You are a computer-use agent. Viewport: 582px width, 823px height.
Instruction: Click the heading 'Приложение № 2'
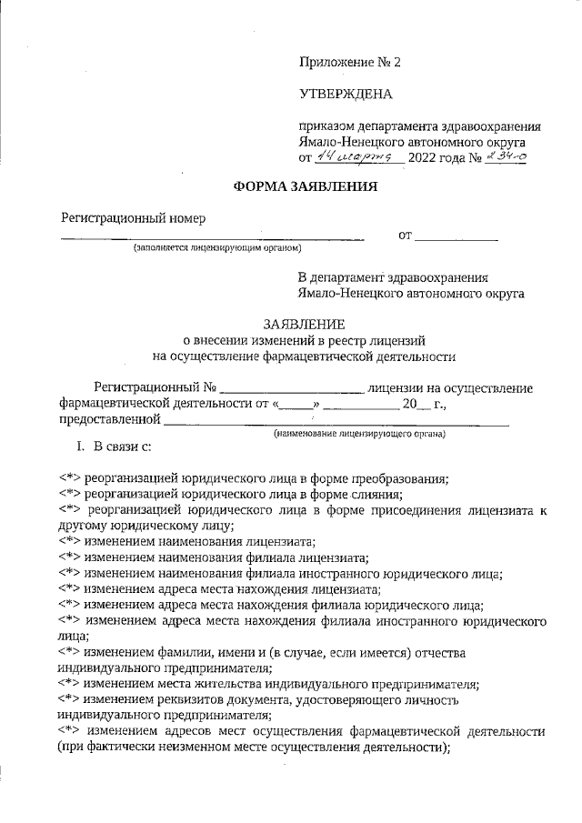[x=349, y=63]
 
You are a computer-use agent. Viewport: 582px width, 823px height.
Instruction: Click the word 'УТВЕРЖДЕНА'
[x=345, y=95]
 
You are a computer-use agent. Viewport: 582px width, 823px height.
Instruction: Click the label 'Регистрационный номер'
[x=133, y=217]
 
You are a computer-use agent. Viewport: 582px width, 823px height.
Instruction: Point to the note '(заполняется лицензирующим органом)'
[x=217, y=248]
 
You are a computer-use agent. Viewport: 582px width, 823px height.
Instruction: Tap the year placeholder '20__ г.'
[x=422, y=404]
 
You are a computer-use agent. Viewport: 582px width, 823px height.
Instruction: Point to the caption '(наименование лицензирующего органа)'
[x=360, y=435]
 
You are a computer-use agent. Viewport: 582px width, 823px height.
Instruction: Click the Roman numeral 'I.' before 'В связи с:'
[x=80, y=447]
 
